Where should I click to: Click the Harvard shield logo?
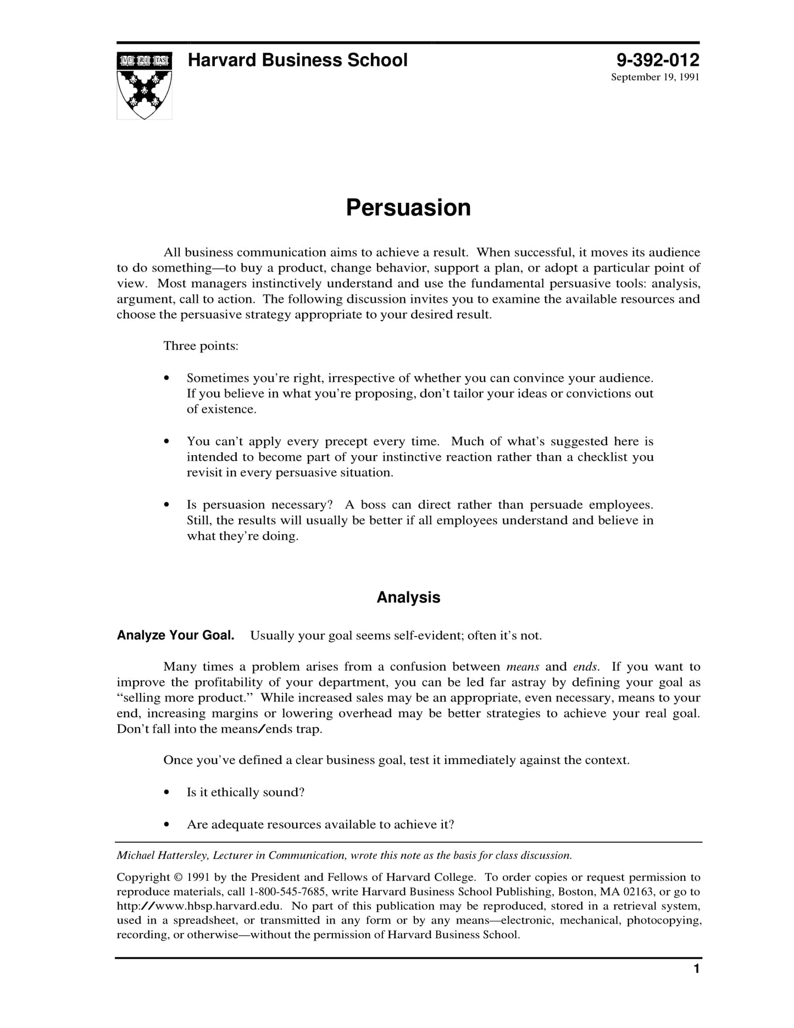pyautogui.click(x=144, y=86)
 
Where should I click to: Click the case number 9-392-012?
pyautogui.click(x=657, y=60)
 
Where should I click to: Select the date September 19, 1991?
pyautogui.click(x=655, y=77)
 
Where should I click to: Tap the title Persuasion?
pyautogui.click(x=408, y=208)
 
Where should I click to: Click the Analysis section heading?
pyautogui.click(x=408, y=598)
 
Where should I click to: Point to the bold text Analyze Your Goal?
pyautogui.click(x=175, y=635)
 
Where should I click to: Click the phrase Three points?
pyautogui.click(x=201, y=346)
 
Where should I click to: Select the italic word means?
pyautogui.click(x=523, y=667)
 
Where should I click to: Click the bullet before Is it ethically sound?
pyautogui.click(x=166, y=793)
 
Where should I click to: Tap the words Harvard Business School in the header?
pyautogui.click(x=297, y=60)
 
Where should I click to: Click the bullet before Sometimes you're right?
pyautogui.click(x=166, y=379)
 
